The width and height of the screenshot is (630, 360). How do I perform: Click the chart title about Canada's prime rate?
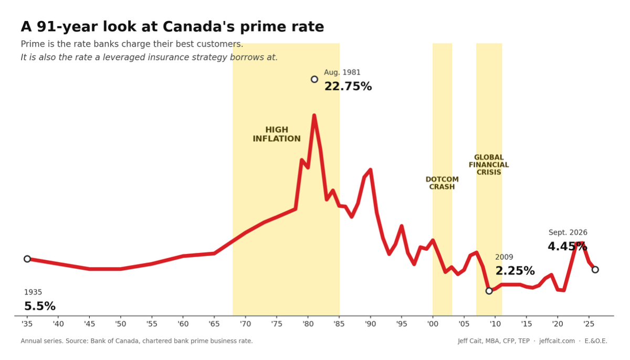pyautogui.click(x=172, y=27)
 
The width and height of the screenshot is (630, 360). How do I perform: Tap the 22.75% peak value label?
pyautogui.click(x=348, y=86)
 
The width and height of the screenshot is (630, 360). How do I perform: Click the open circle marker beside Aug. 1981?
pyautogui.click(x=314, y=79)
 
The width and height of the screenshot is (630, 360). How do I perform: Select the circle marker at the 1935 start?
pyautogui.click(x=27, y=259)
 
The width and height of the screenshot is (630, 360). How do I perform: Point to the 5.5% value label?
pyautogui.click(x=40, y=306)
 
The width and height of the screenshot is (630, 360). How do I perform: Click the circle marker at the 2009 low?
pyautogui.click(x=489, y=291)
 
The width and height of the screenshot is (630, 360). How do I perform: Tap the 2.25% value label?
pyautogui.click(x=515, y=271)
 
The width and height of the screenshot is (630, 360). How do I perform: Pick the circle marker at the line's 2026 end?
pyautogui.click(x=595, y=270)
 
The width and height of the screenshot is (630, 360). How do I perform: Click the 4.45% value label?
pyautogui.click(x=568, y=247)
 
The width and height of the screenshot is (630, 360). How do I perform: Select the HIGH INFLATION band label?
pyautogui.click(x=277, y=134)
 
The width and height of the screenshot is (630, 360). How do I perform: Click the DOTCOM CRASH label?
pyautogui.click(x=442, y=183)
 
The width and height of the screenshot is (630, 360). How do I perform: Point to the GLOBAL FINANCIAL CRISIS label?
pyautogui.click(x=489, y=165)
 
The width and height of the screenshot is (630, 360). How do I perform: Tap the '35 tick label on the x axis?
pyautogui.click(x=27, y=324)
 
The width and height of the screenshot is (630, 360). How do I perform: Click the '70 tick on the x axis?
pyautogui.click(x=245, y=324)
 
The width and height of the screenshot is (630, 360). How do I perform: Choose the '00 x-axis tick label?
pyautogui.click(x=433, y=324)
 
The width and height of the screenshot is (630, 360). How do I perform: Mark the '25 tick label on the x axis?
pyautogui.click(x=589, y=324)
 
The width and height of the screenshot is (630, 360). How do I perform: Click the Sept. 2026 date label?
pyautogui.click(x=568, y=232)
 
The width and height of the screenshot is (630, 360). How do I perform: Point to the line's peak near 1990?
pyautogui.click(x=371, y=170)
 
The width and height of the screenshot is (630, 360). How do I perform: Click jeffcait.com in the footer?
pyautogui.click(x=557, y=341)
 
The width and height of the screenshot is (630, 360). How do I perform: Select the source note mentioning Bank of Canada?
pyautogui.click(x=136, y=341)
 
